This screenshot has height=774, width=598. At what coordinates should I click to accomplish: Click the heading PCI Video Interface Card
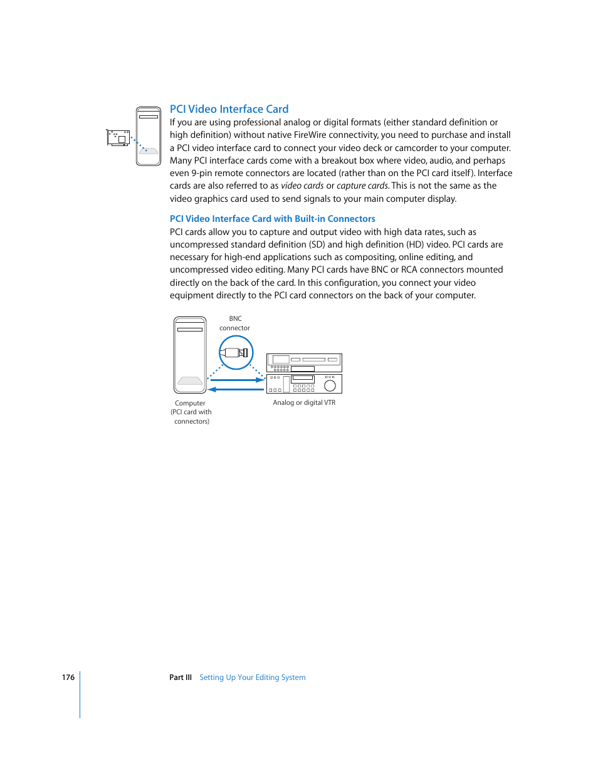(229, 109)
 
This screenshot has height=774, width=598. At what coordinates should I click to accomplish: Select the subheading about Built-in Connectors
(272, 219)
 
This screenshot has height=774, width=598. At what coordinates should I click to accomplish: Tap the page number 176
(68, 677)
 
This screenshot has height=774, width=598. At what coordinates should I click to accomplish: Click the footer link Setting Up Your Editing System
(252, 677)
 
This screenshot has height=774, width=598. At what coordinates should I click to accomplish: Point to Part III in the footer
(180, 677)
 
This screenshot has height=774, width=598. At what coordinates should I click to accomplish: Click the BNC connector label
(234, 323)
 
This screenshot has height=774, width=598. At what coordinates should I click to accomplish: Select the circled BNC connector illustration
(236, 353)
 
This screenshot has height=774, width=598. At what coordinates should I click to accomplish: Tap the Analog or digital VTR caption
(304, 403)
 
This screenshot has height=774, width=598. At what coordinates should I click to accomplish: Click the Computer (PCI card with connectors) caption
(191, 412)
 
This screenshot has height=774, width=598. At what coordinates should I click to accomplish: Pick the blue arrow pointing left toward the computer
(236, 390)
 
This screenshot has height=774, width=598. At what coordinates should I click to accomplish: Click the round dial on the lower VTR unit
(330, 385)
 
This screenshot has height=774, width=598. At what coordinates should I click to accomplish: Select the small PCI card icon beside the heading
(118, 138)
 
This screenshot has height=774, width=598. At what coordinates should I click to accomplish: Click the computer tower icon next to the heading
(149, 136)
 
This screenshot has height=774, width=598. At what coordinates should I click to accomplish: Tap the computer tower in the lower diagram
(190, 355)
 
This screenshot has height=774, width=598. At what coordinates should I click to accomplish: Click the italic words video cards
(302, 186)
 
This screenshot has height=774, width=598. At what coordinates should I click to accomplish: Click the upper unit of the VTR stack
(304, 363)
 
